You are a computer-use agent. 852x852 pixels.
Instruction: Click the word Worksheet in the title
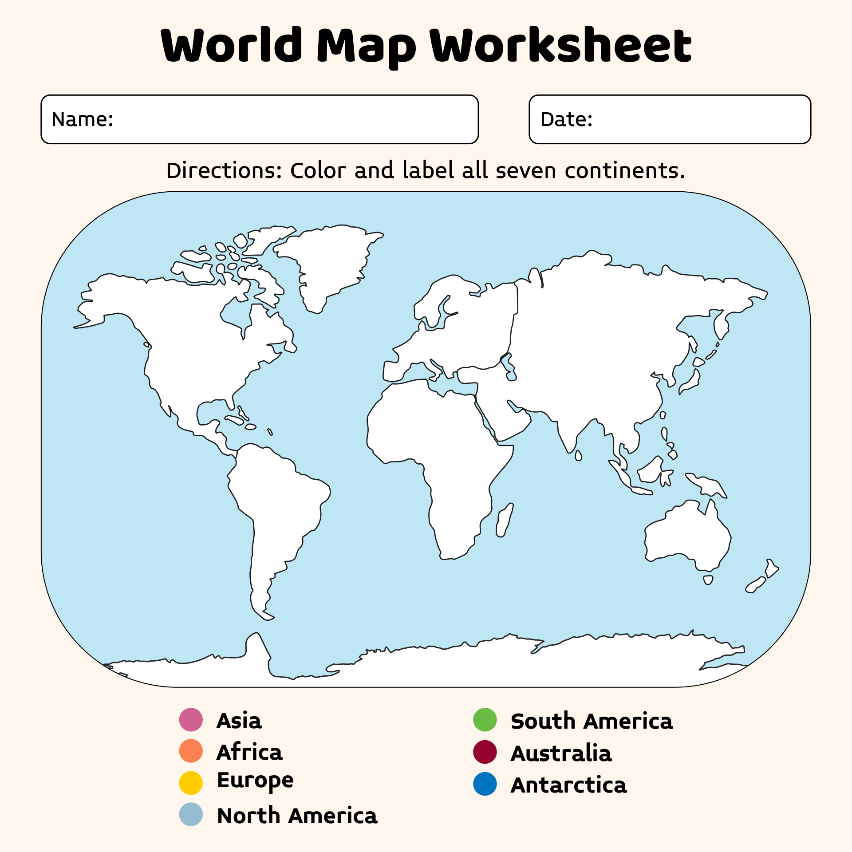click(560, 45)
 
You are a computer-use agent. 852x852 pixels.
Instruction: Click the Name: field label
click(83, 119)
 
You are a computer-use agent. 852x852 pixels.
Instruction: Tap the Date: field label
click(566, 119)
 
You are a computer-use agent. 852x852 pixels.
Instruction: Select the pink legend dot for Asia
click(191, 719)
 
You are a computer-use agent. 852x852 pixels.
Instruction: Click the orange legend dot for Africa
click(191, 751)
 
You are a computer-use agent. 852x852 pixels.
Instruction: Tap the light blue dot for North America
click(191, 814)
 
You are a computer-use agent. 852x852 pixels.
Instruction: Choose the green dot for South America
click(485, 719)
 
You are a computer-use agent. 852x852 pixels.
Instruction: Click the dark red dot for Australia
click(485, 752)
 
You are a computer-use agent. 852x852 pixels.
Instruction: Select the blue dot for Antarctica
click(485, 784)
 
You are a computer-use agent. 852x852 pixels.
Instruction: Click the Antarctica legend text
click(568, 785)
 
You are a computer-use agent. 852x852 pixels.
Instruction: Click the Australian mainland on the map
click(688, 532)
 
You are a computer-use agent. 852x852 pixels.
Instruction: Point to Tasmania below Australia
click(708, 580)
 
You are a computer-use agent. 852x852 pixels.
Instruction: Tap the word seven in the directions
click(525, 171)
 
